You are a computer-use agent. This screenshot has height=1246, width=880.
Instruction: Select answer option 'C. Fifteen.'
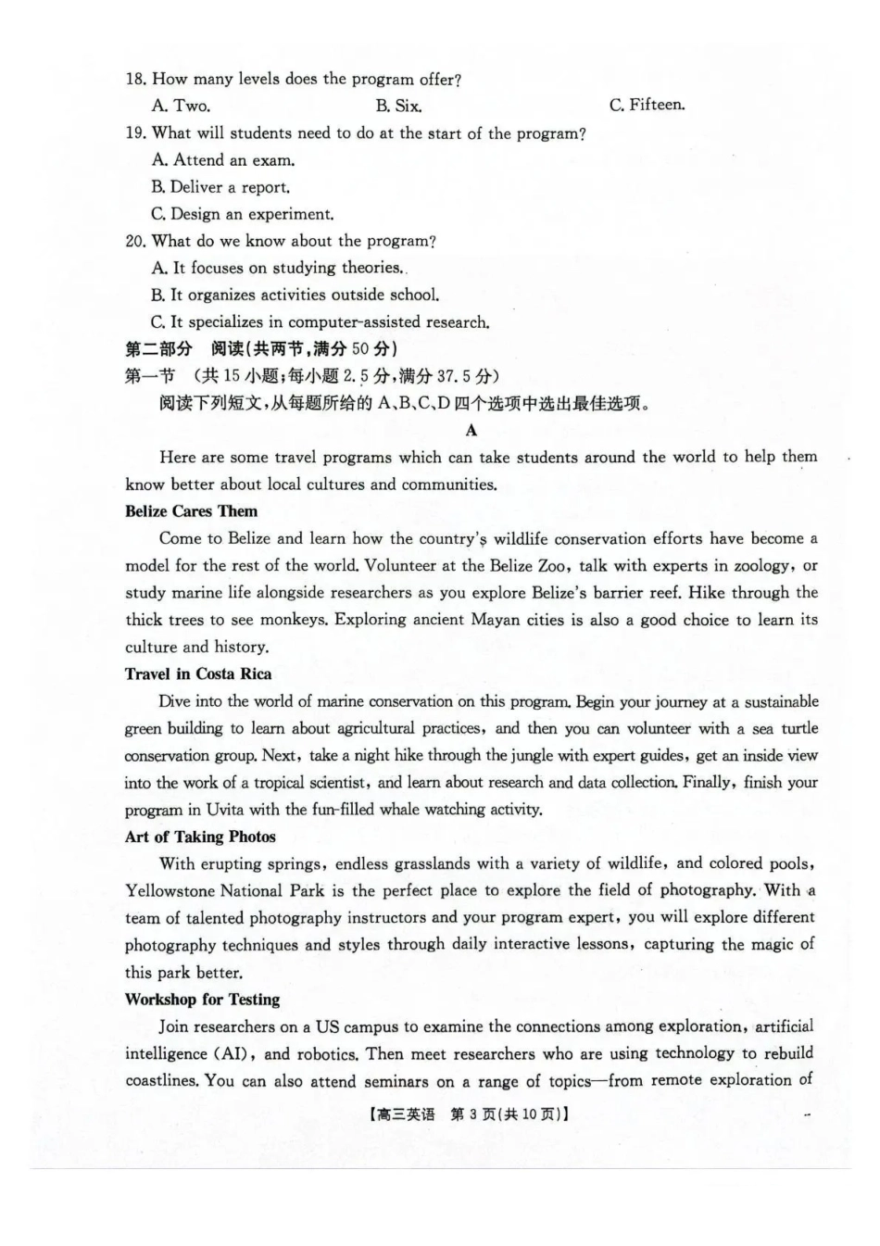[647, 105]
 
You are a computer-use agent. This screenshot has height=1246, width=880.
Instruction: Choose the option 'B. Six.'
[398, 106]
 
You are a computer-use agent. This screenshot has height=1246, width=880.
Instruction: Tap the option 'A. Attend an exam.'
[223, 160]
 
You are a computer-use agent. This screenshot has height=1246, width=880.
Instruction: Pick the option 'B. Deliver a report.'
[220, 187]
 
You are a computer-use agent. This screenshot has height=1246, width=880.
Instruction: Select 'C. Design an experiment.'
[243, 214]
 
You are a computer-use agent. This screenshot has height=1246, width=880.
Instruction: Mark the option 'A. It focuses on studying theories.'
[278, 268]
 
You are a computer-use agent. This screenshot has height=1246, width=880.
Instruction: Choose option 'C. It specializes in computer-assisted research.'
[321, 322]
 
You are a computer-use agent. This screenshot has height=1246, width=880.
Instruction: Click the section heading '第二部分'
[158, 349]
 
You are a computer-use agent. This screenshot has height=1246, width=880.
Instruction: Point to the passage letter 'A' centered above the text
[471, 430]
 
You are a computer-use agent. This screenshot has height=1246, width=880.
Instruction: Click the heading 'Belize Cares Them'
[191, 511]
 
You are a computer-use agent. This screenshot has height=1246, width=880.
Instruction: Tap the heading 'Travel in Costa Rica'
[198, 674]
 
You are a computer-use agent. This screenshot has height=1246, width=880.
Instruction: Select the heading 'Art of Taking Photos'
[200, 837]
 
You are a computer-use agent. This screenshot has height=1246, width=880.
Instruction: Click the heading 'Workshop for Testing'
[202, 1000]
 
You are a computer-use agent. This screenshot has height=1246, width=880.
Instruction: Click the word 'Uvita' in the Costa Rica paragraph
[224, 810]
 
